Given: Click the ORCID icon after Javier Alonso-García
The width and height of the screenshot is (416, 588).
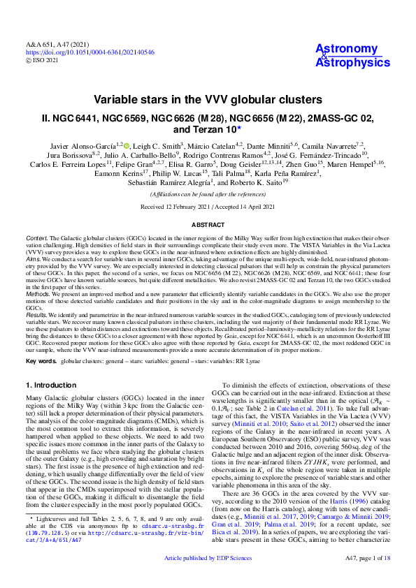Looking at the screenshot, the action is [127, 145].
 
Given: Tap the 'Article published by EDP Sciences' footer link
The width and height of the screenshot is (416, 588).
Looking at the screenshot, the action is [208, 579].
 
